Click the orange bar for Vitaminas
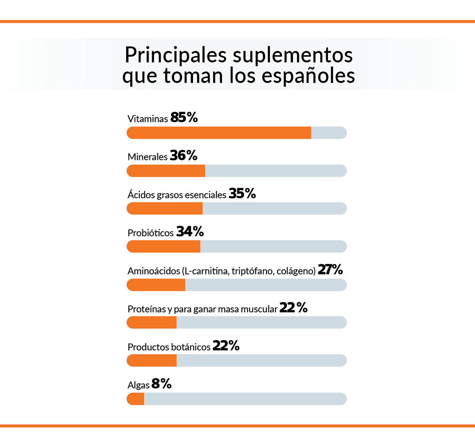coord(219,133)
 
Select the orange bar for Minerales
coord(166,171)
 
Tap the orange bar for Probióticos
coord(163,246)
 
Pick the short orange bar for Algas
coord(136,399)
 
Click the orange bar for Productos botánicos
coord(152,361)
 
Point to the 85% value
coord(184,118)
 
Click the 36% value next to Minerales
coord(184,156)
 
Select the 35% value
coord(242,194)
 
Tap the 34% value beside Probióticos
coord(190,232)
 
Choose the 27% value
coord(330,270)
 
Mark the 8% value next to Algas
coord(161,384)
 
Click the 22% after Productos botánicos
coord(226,346)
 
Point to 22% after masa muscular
coord(293,308)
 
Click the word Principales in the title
coord(176,55)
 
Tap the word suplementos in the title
coord(293,55)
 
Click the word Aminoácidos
coord(154,271)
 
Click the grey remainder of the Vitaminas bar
coord(329,133)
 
